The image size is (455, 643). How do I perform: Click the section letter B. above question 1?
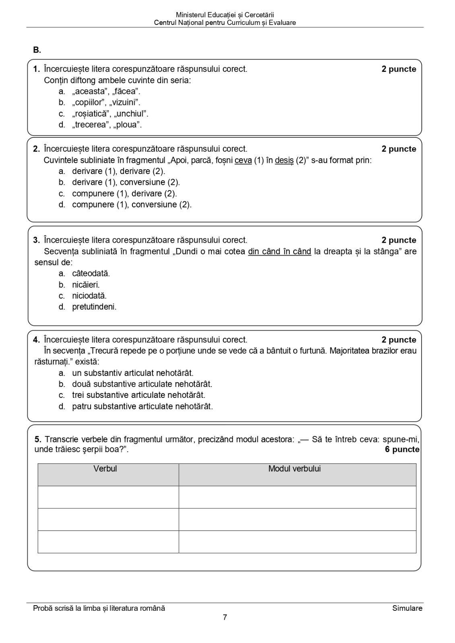pyautogui.click(x=37, y=50)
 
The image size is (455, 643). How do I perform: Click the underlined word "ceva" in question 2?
pyautogui.click(x=243, y=160)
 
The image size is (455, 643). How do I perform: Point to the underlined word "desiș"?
pyautogui.click(x=284, y=160)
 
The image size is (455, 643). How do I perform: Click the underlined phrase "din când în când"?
pyautogui.click(x=280, y=252)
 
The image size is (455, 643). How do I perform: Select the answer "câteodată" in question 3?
pyautogui.click(x=91, y=274)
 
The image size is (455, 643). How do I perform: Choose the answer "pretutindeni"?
pyautogui.click(x=94, y=307)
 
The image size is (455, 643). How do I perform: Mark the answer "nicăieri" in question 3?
pyautogui.click(x=86, y=285)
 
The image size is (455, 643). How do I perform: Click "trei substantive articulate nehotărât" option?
pyautogui.click(x=138, y=395)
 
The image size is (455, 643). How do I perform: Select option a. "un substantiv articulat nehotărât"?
pyautogui.click(x=133, y=373)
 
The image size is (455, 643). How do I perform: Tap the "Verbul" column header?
pyautogui.click(x=105, y=469)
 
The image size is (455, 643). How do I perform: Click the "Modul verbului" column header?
pyautogui.click(x=294, y=469)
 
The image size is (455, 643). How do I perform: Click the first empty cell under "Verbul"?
pyautogui.click(x=108, y=497)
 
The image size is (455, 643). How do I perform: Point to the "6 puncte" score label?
pyautogui.click(x=402, y=449)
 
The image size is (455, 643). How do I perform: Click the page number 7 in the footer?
pyautogui.click(x=225, y=617)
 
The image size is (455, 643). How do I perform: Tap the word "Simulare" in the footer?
pyautogui.click(x=407, y=608)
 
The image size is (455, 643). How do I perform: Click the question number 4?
pyautogui.click(x=36, y=340)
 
